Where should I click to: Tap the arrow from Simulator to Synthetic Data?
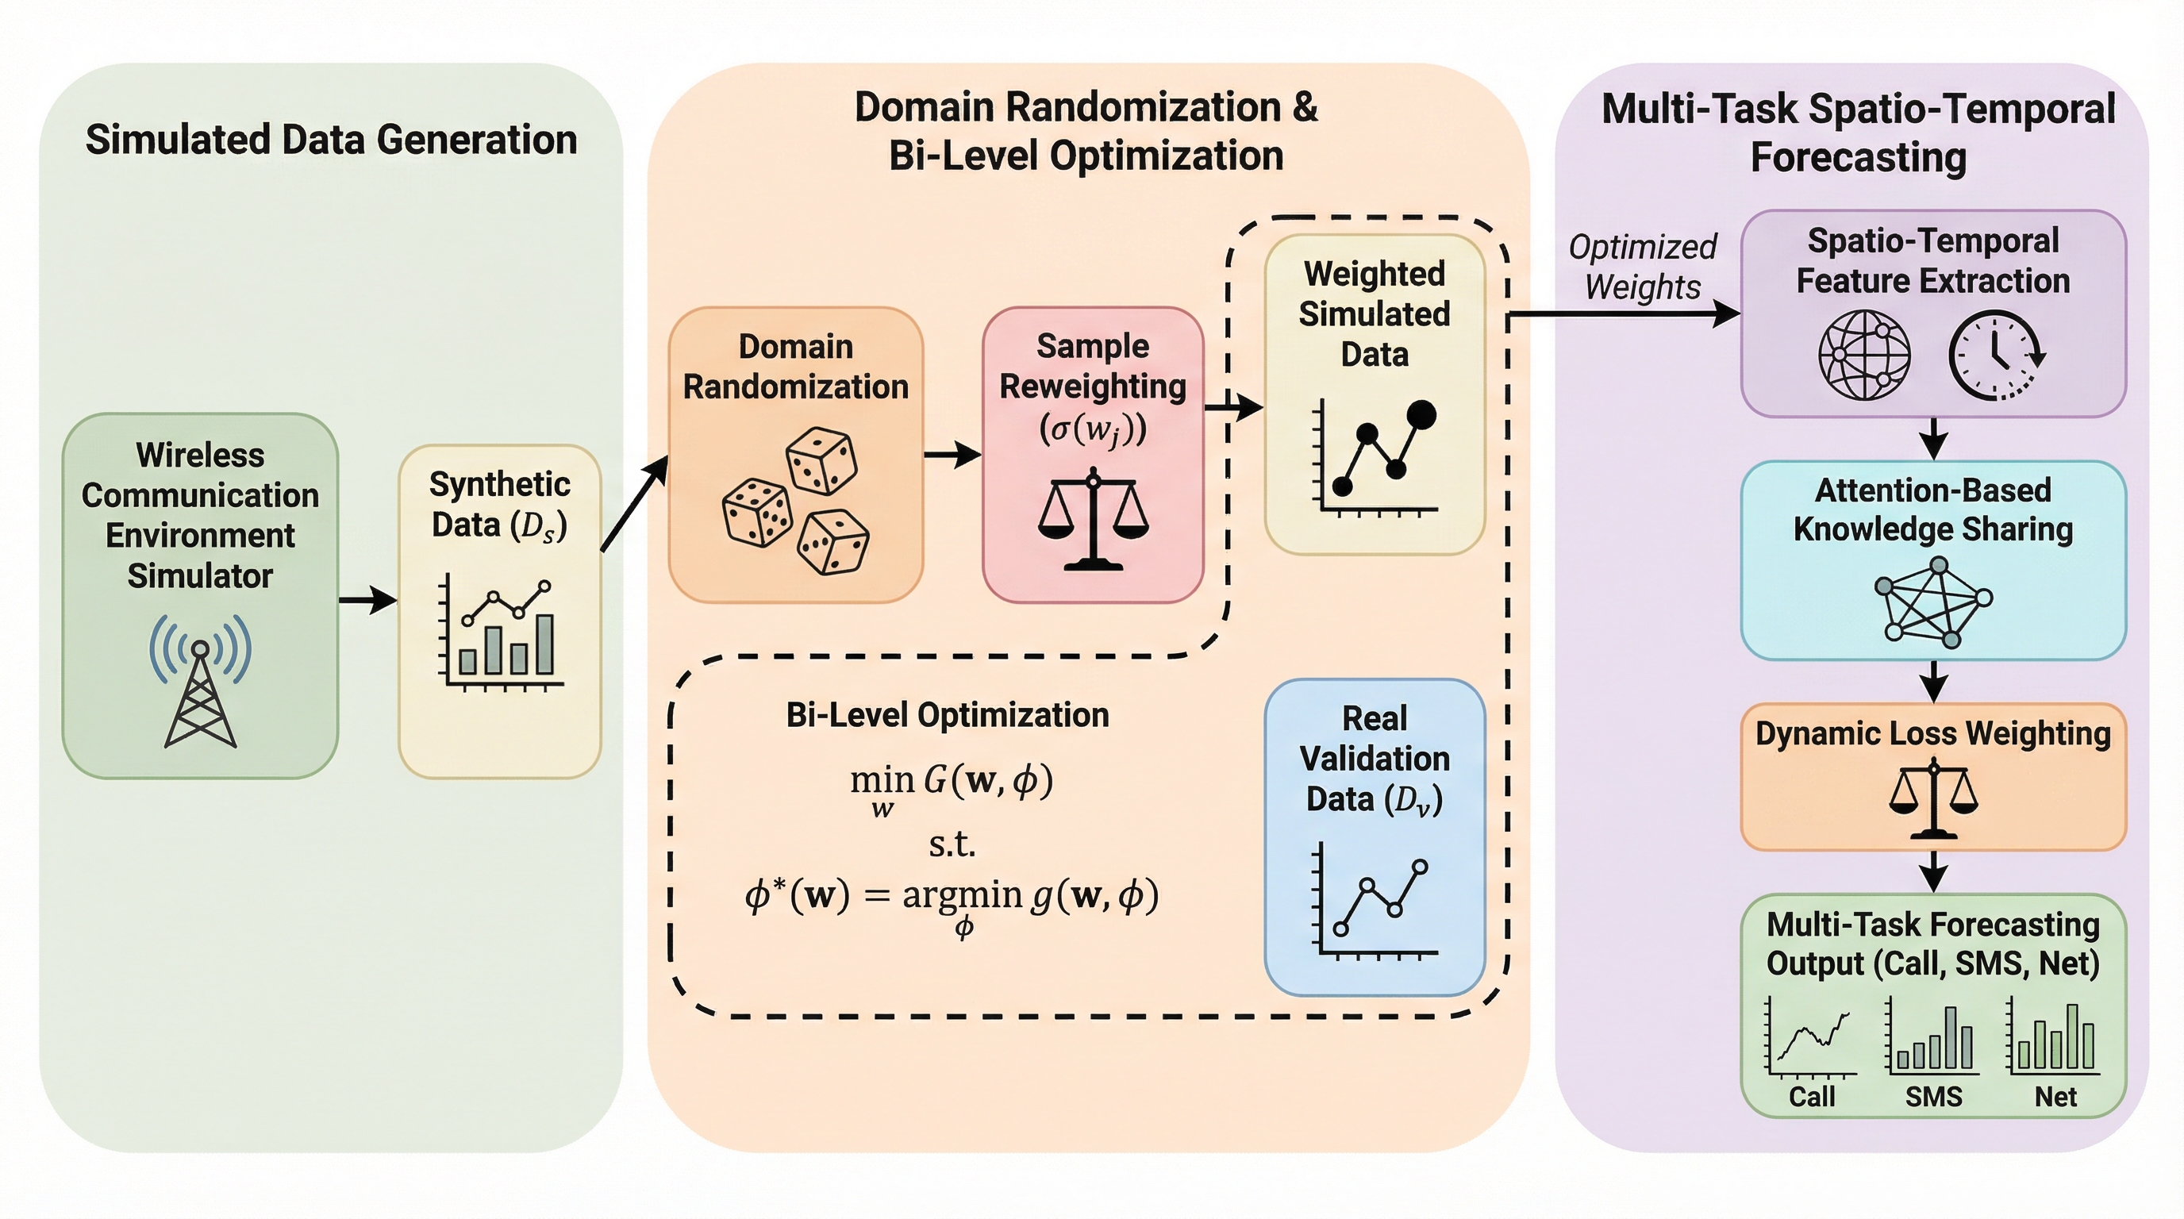[367, 600]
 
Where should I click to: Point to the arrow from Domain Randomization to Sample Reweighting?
[952, 455]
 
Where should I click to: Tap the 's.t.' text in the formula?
[952, 844]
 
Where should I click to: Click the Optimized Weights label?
[1642, 267]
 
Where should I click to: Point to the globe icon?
[1864, 354]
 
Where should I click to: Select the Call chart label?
[1812, 1096]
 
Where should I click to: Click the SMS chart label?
[1934, 1096]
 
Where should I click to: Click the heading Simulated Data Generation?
[332, 140]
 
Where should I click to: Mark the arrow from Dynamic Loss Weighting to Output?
[1933, 871]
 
